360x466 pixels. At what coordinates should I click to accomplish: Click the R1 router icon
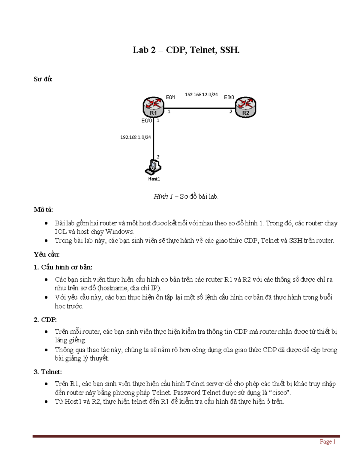point(154,107)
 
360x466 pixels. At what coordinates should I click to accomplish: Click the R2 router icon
point(245,107)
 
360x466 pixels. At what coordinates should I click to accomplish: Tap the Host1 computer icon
point(153,167)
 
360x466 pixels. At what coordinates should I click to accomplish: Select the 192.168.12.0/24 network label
point(201,95)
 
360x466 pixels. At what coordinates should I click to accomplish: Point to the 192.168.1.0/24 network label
point(136,137)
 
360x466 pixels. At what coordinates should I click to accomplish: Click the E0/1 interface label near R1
point(171,97)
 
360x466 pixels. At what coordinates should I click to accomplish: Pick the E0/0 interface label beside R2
point(229,97)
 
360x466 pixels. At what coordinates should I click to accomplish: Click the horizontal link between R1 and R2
point(199,108)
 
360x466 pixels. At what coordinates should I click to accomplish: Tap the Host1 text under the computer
point(154,179)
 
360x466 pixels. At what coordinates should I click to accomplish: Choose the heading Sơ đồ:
point(43,79)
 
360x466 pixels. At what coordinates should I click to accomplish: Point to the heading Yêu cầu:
point(47,254)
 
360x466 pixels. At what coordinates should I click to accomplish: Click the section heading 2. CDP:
point(45,320)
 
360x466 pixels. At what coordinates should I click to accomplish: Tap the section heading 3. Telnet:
point(48,372)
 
